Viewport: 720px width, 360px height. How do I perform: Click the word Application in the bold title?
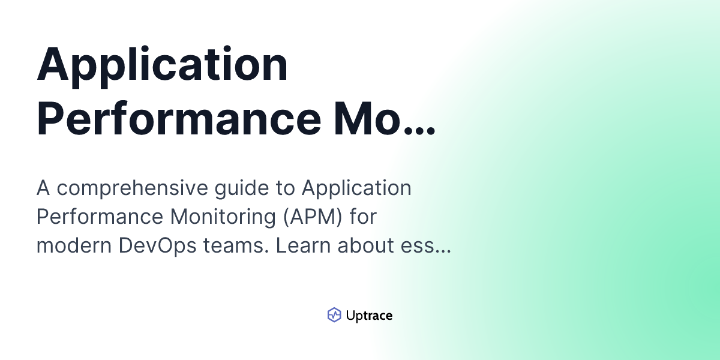pyautogui.click(x=163, y=67)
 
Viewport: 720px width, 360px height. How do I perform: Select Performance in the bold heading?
pyautogui.click(x=179, y=118)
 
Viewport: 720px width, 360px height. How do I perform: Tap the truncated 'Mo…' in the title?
pyautogui.click(x=385, y=118)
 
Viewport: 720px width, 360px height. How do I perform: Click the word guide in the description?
pyautogui.click(x=242, y=188)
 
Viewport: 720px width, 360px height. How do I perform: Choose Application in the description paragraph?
pyautogui.click(x=356, y=188)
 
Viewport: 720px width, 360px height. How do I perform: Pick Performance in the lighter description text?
pyautogui.click(x=100, y=217)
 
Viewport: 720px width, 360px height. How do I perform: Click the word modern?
pyautogui.click(x=74, y=245)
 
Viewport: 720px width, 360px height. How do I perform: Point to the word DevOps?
pyautogui.click(x=157, y=246)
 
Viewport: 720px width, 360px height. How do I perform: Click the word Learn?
pyautogui.click(x=303, y=245)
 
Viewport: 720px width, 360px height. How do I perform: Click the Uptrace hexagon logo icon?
pyautogui.click(x=334, y=314)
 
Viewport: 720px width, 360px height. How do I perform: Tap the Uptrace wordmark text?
pyautogui.click(x=369, y=316)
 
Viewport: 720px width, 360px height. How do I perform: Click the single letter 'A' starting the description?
pyautogui.click(x=43, y=188)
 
